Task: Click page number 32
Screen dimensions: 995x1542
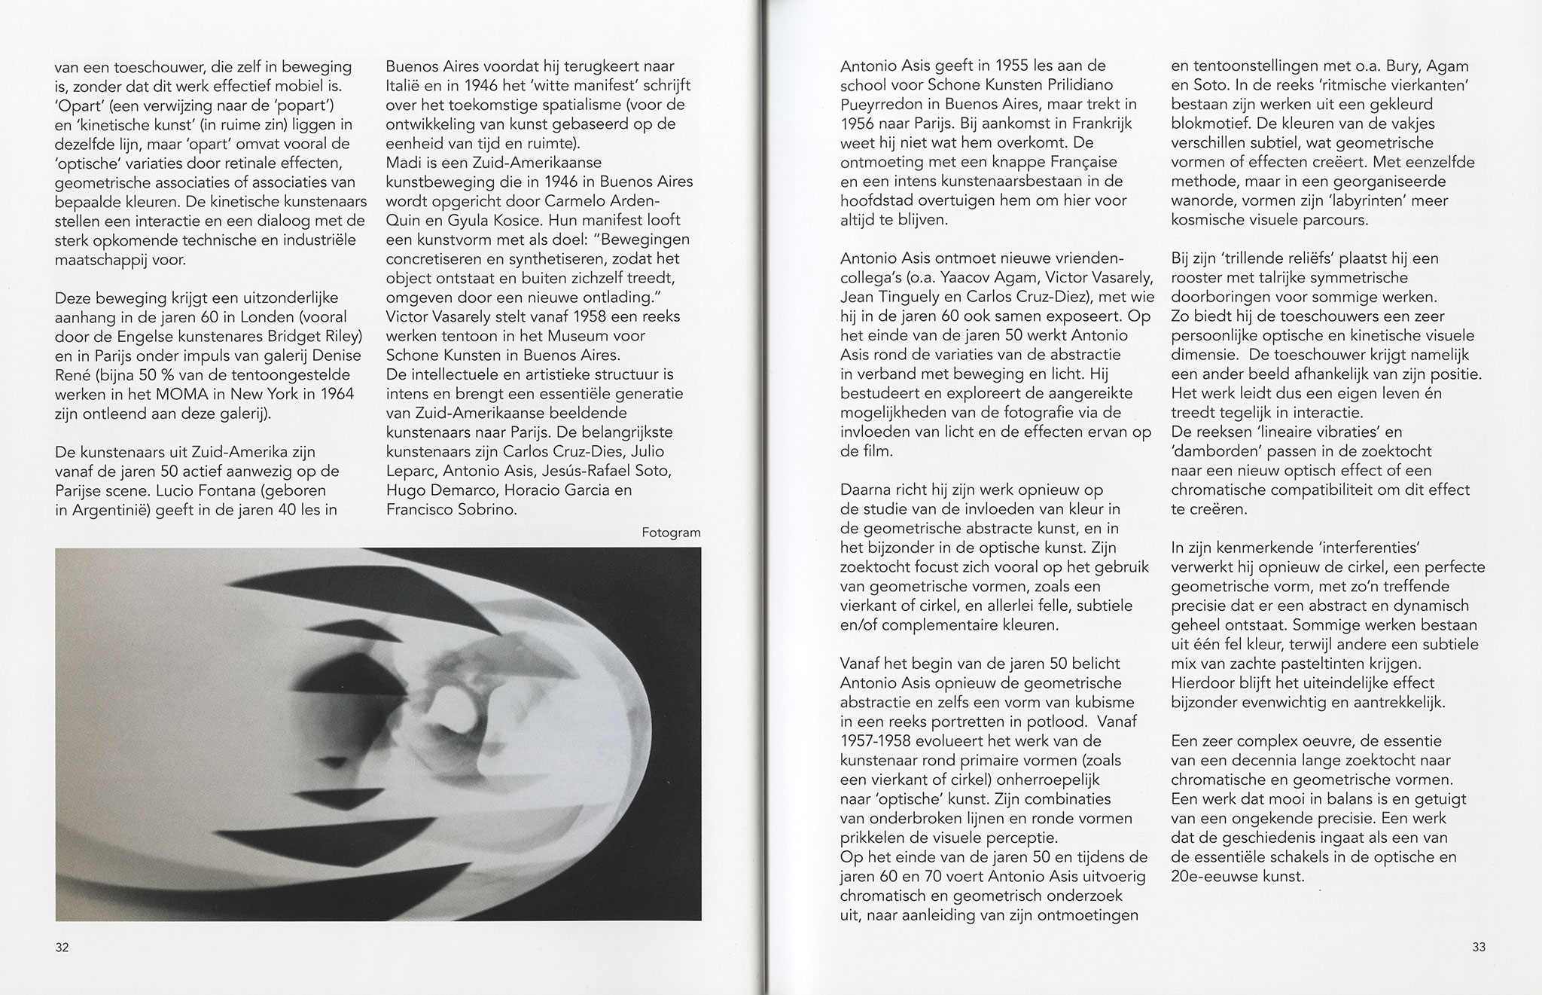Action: click(x=62, y=948)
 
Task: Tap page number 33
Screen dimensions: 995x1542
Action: click(x=1479, y=948)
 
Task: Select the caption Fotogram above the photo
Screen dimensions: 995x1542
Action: click(x=671, y=533)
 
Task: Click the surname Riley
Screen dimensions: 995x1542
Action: click(x=340, y=335)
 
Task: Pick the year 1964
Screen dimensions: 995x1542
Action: click(x=333, y=394)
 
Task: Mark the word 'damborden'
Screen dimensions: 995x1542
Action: click(x=1214, y=452)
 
